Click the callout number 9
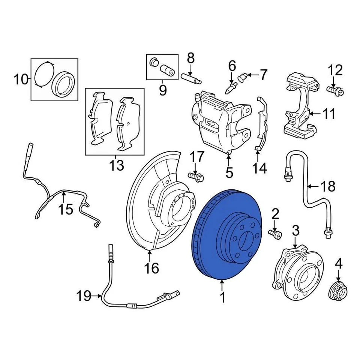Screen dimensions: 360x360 (x=163, y=90)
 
